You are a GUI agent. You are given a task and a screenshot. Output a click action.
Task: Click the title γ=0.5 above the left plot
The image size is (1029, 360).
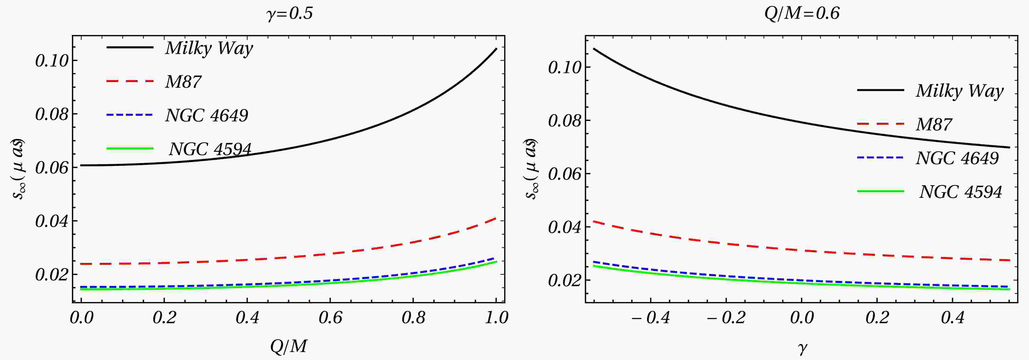[289, 14]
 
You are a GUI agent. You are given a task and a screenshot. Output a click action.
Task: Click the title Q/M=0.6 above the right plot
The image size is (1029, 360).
[802, 14]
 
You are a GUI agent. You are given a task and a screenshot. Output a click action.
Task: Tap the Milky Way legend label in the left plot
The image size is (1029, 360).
[209, 48]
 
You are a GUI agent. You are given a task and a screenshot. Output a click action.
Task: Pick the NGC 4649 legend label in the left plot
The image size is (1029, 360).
[206, 115]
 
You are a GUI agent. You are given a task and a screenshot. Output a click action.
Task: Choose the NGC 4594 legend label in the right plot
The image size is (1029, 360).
[960, 192]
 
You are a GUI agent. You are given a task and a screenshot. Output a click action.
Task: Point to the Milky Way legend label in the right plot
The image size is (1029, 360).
[959, 91]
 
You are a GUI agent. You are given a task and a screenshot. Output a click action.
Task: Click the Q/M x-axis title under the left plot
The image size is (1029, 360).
[288, 346]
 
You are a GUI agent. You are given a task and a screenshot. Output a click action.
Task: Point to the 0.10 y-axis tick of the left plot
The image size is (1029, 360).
[52, 61]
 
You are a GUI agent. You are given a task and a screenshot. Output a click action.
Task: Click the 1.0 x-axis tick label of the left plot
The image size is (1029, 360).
[496, 318]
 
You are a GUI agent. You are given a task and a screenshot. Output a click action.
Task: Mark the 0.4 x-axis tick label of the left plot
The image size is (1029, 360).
[247, 318]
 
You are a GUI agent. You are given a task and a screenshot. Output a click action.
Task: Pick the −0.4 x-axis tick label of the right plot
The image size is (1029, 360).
[650, 318]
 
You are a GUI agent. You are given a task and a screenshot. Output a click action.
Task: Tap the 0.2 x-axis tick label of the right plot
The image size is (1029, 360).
[877, 318]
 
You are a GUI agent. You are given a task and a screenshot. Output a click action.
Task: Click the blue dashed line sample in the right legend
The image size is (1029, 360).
[880, 158]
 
